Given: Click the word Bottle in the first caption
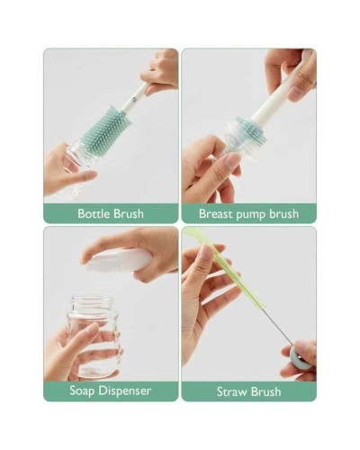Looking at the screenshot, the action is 94,213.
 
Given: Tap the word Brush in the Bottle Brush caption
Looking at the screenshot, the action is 129,213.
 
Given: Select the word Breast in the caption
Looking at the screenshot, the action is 216,214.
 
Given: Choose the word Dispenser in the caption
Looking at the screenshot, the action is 125,391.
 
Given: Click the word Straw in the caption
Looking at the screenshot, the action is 232,391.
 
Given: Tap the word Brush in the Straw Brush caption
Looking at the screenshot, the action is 266,391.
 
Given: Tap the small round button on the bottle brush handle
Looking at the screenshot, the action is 133,98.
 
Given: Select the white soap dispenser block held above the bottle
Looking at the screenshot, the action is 119,260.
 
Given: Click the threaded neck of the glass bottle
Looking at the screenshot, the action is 93,302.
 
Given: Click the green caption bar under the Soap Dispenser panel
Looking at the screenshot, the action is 111,391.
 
